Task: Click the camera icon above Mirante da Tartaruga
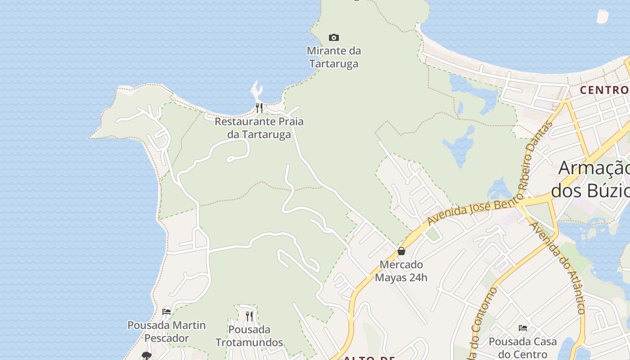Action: tap(333, 37)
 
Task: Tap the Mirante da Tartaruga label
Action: tap(334, 57)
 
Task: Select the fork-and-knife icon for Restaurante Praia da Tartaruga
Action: tap(259, 108)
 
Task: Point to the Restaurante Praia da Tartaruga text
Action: tap(259, 128)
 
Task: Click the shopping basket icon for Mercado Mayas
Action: tap(401, 251)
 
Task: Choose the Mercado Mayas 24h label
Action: tap(401, 271)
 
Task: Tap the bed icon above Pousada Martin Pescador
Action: tap(166, 311)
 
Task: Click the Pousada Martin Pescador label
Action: tap(166, 331)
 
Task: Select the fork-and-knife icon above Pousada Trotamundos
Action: tap(249, 316)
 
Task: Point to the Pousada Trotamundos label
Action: tap(249, 336)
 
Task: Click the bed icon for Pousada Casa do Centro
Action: tap(522, 328)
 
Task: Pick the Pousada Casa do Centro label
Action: tap(522, 348)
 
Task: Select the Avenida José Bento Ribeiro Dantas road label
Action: tap(490, 198)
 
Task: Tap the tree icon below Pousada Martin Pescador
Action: tap(146, 355)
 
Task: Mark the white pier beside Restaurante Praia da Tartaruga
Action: tap(257, 91)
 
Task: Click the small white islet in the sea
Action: tap(602, 16)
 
